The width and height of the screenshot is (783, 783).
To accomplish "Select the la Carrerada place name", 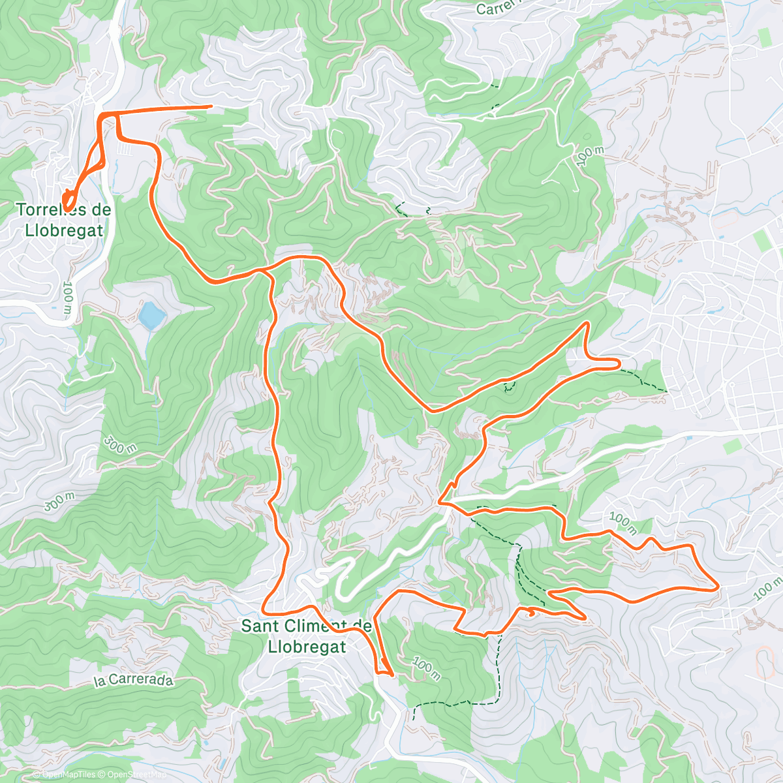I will click(x=134, y=681).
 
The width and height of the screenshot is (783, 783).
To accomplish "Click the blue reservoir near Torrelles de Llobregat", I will click(x=151, y=315).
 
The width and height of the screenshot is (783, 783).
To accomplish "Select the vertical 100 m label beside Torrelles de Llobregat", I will click(x=67, y=299).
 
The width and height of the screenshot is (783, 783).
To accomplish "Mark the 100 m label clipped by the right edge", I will click(x=767, y=588).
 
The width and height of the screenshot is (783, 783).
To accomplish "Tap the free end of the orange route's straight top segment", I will click(x=211, y=106).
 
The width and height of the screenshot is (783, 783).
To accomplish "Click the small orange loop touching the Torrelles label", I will click(x=68, y=200).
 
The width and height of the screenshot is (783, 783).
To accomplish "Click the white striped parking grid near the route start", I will click(x=128, y=149).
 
